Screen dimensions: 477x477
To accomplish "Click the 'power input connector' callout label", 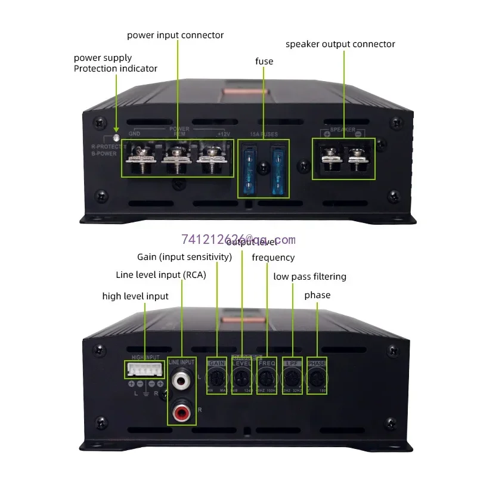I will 175,35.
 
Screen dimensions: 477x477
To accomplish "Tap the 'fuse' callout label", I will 264,61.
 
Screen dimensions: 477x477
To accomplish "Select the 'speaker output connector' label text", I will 340,44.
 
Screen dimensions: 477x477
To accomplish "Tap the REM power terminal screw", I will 177,156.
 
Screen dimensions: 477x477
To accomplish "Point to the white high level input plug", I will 144,369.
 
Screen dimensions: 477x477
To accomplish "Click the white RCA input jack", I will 181,379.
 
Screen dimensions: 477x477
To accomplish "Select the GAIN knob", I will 216,376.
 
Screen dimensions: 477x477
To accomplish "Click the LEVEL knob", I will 241,376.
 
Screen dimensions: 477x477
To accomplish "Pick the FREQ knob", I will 267,376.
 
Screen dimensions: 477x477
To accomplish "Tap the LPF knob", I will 292,376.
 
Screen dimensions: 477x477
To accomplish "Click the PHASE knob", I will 317,376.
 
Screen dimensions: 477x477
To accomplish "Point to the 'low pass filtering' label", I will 309,277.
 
